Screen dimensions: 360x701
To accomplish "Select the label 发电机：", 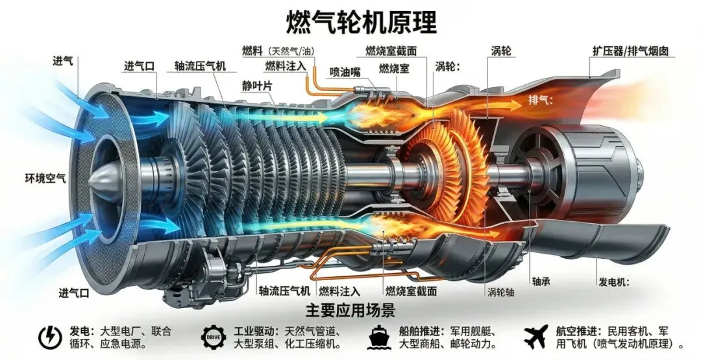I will (x=616, y=282).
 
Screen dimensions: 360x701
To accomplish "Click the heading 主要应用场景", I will (x=350, y=309).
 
